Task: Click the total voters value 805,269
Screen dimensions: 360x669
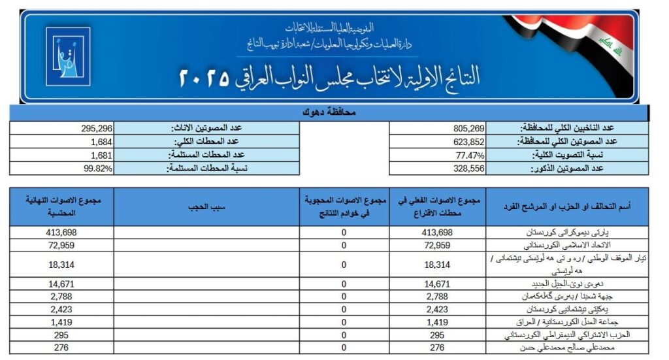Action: [x=470, y=128]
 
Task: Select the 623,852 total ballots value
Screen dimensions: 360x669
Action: [x=470, y=141]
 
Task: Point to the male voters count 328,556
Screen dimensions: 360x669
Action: [x=470, y=168]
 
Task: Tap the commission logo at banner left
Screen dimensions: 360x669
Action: [x=68, y=57]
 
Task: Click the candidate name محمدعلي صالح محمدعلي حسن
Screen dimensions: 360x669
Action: [x=574, y=348]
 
